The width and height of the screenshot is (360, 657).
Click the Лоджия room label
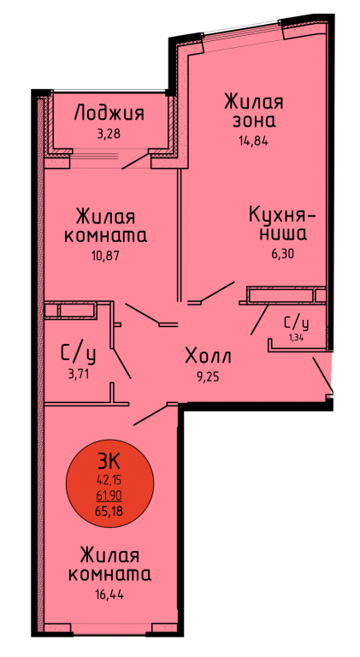point(109,113)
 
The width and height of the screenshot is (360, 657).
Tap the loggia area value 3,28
point(109,135)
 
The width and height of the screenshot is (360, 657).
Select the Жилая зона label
point(254,110)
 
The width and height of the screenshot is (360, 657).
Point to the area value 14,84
point(253,141)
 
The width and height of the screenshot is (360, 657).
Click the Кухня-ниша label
point(281,224)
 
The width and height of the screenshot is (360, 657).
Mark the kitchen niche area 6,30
point(280,254)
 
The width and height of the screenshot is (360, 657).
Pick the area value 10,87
point(106,256)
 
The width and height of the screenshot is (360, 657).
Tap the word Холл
point(208,357)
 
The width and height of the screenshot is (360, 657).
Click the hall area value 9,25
point(208,377)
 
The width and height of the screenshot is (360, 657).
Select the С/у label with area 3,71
point(79,355)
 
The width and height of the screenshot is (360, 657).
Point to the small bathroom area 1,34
point(296,337)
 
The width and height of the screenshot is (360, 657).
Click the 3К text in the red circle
point(109,462)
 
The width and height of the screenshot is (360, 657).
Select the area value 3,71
point(79,374)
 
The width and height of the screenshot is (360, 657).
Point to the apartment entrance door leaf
point(322,376)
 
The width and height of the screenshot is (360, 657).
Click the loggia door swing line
point(136,162)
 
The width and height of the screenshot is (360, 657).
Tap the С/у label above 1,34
point(297,323)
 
